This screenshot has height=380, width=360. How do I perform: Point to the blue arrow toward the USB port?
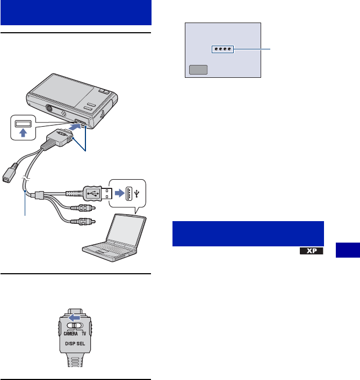(115, 191)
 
